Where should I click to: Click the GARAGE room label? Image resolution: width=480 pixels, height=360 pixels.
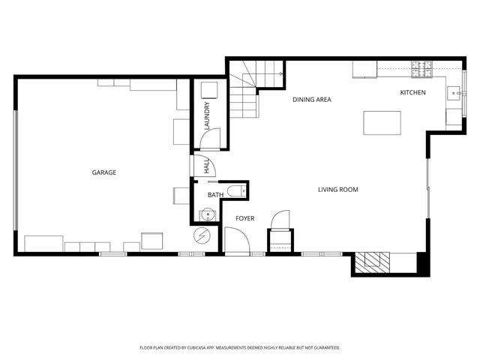point(104,172)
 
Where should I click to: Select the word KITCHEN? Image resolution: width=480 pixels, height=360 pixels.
point(412,92)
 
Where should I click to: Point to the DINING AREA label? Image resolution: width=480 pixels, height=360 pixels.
point(312,99)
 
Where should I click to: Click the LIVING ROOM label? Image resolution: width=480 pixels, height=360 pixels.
point(338,190)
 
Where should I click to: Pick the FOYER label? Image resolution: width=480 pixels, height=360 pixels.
point(244,218)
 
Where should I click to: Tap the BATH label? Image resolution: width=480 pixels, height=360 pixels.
point(216,195)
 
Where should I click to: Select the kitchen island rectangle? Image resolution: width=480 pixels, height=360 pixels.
point(382,122)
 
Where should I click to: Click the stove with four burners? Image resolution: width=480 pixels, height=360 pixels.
point(422,70)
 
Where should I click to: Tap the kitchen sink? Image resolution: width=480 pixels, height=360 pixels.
point(454,94)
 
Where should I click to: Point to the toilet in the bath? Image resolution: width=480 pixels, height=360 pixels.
point(234,190)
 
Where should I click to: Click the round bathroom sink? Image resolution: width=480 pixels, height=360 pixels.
point(206,215)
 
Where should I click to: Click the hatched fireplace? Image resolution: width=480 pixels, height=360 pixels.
point(372,261)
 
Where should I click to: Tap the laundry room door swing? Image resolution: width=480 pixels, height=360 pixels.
point(211,137)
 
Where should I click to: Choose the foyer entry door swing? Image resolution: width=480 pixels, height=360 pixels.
point(235,241)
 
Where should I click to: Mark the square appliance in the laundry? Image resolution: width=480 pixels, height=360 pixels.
point(209,90)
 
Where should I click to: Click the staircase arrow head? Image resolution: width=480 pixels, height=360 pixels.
point(280,74)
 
